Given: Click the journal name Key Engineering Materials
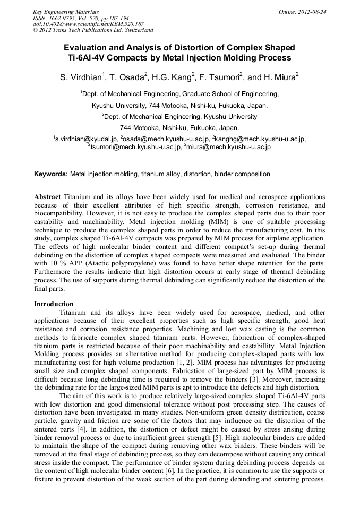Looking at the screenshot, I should click(x=66, y=11).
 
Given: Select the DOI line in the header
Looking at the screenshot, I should click(x=88, y=24).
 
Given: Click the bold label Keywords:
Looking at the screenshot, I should click(x=51, y=174).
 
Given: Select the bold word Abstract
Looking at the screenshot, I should click(x=48, y=196).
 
